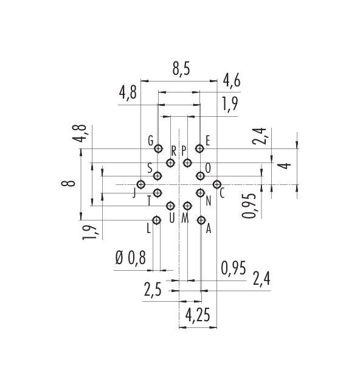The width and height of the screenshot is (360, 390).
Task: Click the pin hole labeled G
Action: pos(158,148)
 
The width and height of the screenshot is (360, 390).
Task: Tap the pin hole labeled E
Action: pos(199,148)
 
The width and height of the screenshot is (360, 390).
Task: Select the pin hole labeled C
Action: pos(217,184)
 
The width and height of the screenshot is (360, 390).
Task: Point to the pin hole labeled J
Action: pos(141,184)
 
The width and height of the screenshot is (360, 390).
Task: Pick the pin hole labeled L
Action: pos(156,220)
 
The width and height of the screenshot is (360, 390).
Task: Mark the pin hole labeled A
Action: pos(201,220)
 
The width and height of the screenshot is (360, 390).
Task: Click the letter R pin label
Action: pos(173,151)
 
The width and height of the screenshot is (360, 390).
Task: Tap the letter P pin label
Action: pos(184,151)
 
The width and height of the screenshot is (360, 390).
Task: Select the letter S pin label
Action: pos(150,168)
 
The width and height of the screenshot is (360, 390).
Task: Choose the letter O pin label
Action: pos(208,168)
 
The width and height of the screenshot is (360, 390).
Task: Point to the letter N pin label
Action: pos(209,201)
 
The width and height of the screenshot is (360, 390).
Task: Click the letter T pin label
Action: pos(149,201)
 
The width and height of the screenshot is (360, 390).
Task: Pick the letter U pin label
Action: pos(172,218)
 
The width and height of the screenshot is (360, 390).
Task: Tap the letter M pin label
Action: pos(185,218)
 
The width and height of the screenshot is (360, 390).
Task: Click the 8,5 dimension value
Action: pos(181,69)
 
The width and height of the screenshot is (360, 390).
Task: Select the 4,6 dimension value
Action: pos(232,80)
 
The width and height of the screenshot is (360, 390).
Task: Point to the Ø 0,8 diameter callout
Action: pos(131,258)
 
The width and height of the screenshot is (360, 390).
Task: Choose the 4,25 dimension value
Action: pos(198,315)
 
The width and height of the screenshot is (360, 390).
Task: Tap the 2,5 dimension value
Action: pos(153,290)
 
